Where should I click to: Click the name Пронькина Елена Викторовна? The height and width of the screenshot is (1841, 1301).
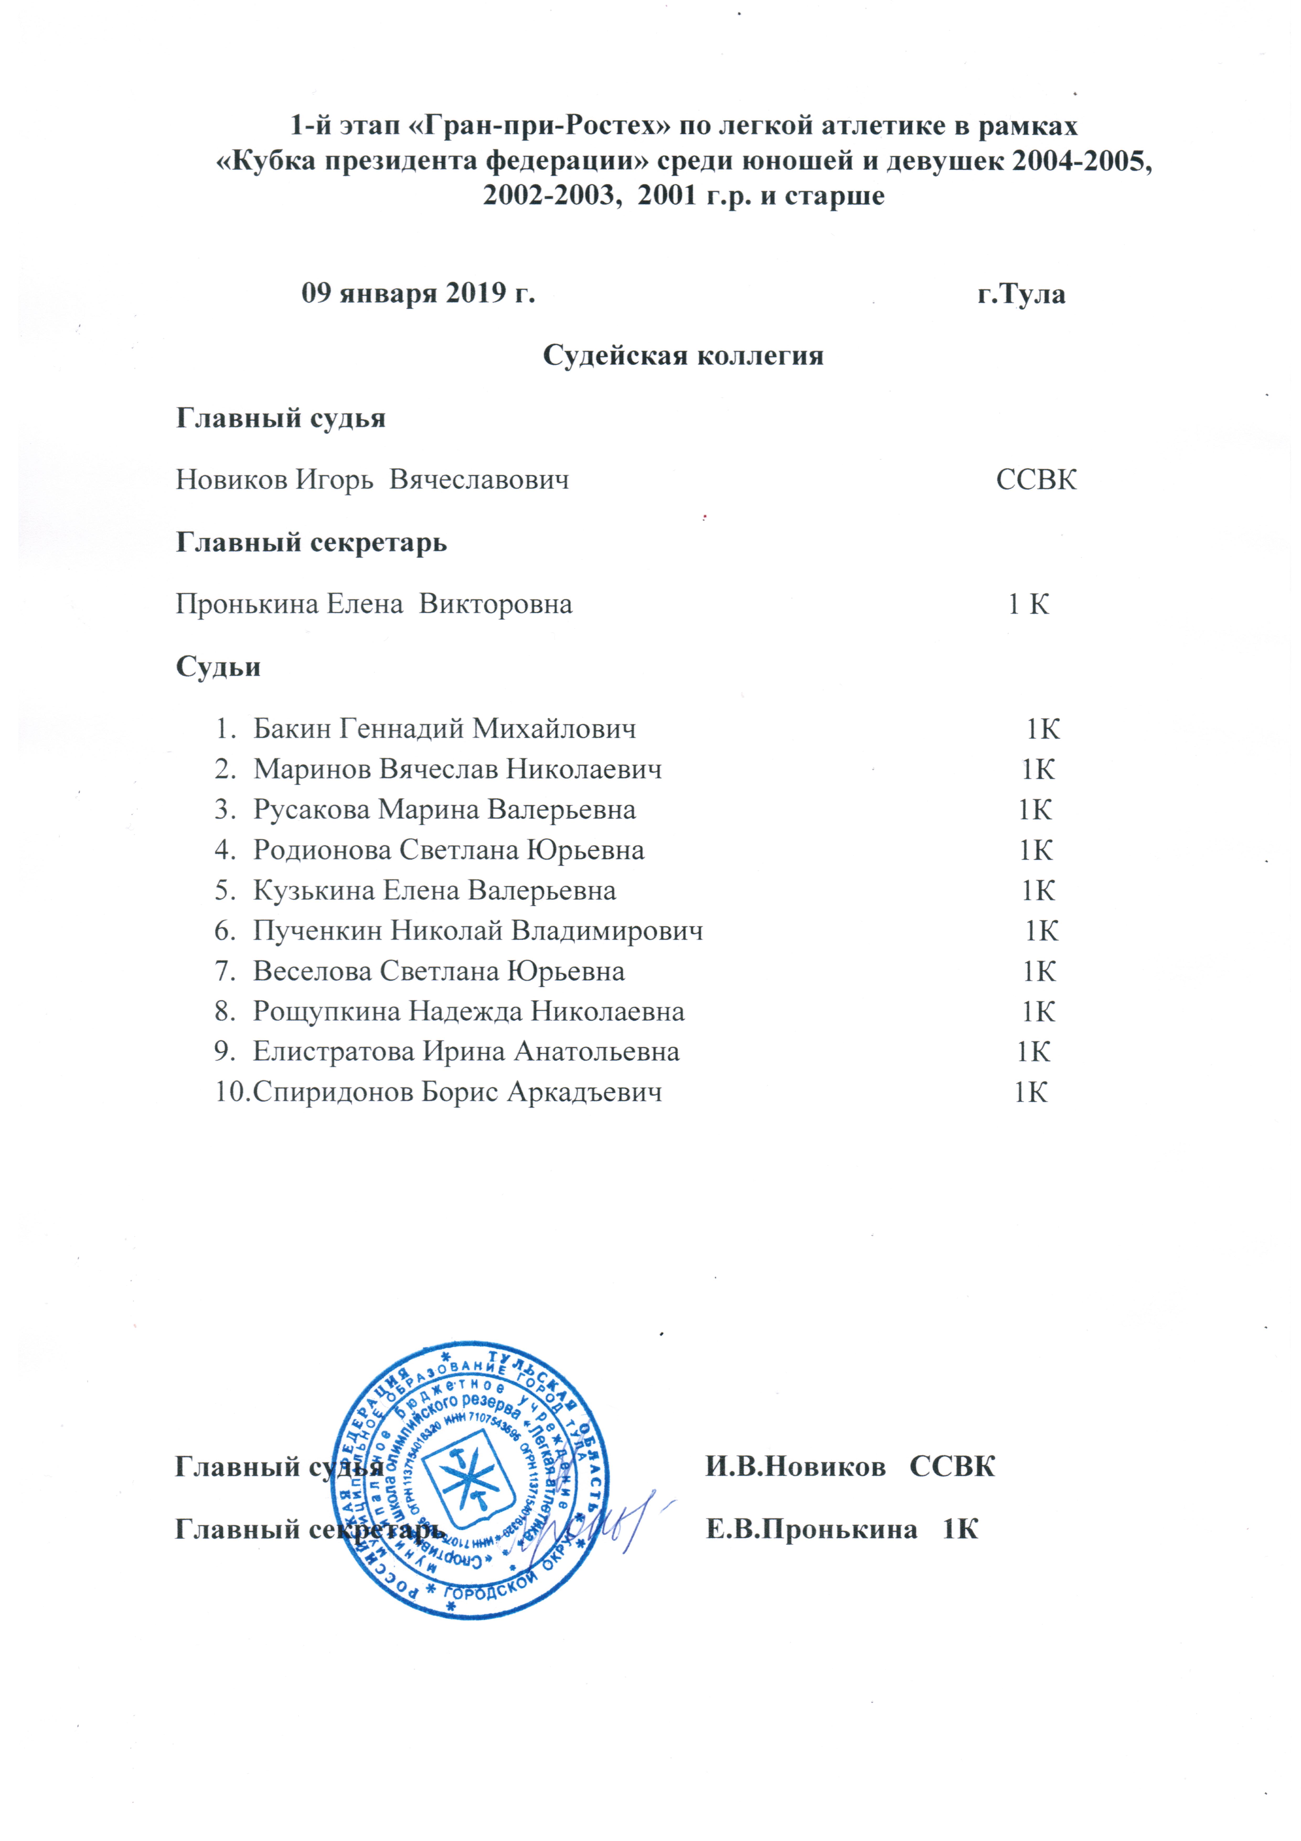[374, 604]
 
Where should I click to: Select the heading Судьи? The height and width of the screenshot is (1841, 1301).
[218, 667]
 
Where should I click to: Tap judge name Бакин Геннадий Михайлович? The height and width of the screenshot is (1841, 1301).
[445, 729]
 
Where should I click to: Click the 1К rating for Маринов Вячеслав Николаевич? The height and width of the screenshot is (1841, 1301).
[1037, 770]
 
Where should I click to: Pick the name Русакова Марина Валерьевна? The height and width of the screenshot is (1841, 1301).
[445, 810]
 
